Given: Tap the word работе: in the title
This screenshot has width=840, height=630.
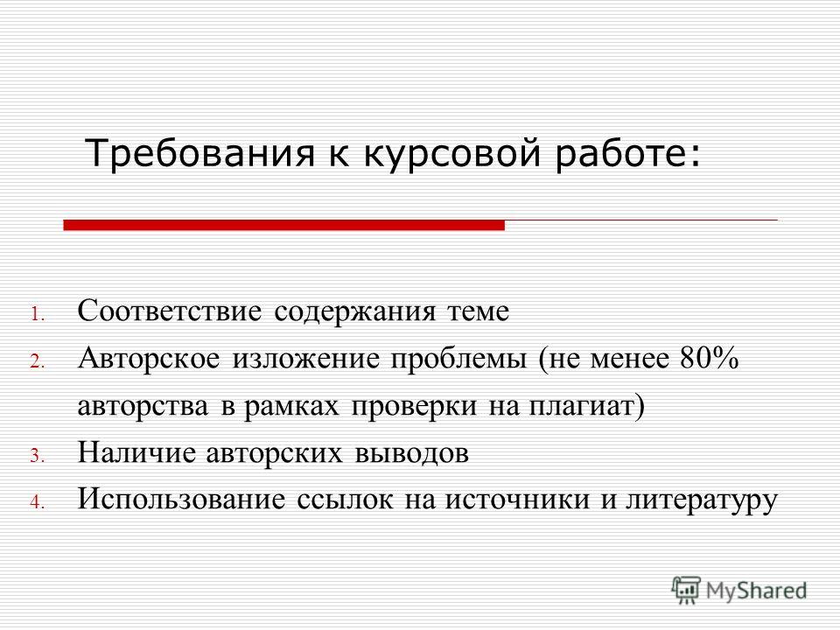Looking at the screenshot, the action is coord(626,154).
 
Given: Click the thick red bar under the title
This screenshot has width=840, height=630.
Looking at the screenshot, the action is coord(283,226).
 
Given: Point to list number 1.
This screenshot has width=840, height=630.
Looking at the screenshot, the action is coord(37,314).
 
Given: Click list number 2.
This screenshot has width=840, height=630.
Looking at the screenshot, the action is coord(37,361).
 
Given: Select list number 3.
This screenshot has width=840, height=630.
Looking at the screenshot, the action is coord(37,456).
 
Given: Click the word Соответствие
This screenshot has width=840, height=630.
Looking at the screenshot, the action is coord(170,311).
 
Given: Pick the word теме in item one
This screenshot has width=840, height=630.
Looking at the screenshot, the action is coord(478,311).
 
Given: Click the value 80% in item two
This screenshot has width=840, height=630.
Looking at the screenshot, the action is coord(710,358).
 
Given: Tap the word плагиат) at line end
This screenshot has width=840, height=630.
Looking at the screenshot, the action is coord(587,407).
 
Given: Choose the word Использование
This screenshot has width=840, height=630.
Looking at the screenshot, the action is coord(181,500).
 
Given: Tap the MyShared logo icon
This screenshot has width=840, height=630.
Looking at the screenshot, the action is coord(686,591).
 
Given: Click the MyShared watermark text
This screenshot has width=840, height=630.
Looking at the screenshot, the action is coord(756,591).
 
